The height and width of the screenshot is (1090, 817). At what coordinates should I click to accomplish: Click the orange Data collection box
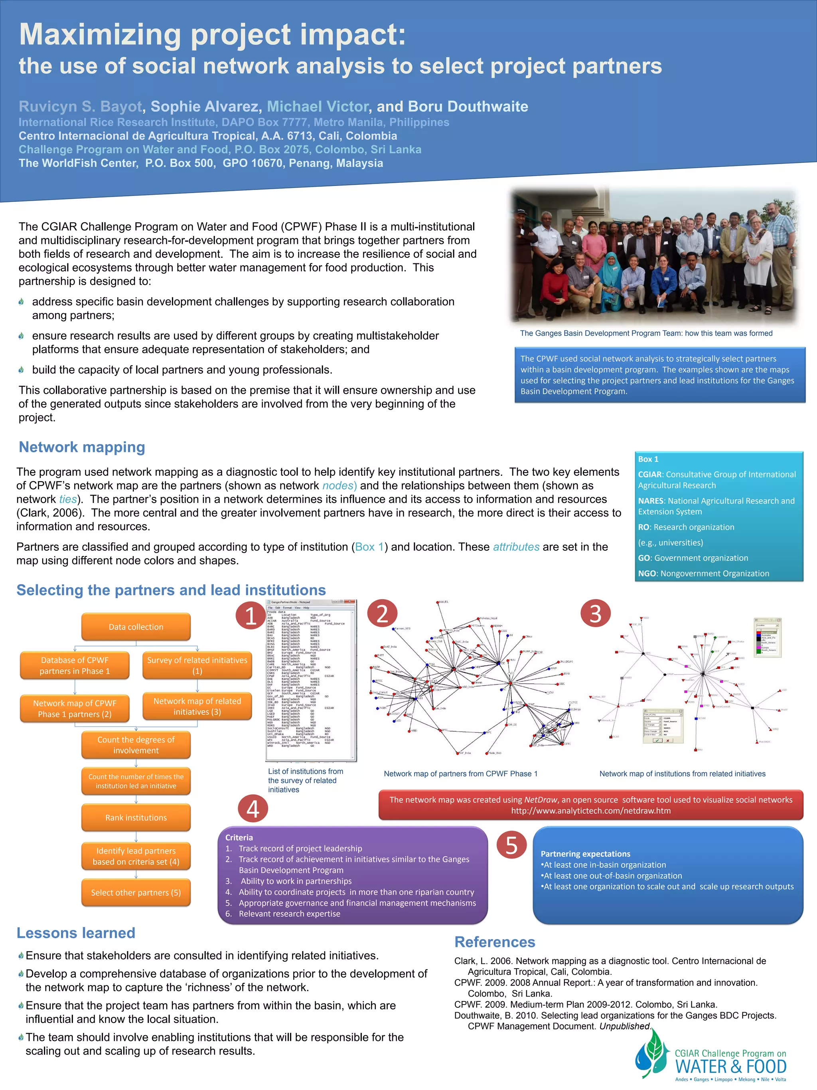coord(136,627)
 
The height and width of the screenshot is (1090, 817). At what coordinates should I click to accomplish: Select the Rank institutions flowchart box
coord(136,817)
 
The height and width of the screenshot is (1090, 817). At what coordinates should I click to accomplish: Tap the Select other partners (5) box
coord(136,892)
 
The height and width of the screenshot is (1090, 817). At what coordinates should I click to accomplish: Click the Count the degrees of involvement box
coord(136,745)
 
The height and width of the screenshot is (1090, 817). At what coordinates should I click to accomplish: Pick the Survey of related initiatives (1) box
coord(197,665)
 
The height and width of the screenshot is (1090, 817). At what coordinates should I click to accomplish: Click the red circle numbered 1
coord(251,615)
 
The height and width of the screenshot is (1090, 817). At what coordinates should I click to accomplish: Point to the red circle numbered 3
coord(595,613)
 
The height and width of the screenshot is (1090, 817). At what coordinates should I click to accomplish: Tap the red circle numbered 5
coord(512,845)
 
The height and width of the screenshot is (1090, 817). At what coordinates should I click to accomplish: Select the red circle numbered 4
coord(253,809)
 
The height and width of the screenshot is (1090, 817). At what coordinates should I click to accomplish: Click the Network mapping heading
coord(82,447)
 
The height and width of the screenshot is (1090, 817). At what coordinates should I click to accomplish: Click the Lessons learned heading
coord(76,933)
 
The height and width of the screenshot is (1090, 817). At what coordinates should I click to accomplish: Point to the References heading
coord(494,942)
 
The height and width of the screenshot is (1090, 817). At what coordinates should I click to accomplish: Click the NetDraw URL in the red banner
coord(590,811)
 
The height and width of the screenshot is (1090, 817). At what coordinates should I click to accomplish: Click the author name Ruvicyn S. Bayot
coord(80,107)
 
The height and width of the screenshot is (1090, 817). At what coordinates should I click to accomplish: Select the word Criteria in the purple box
coord(239,837)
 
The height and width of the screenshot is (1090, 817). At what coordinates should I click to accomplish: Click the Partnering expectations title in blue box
coord(585,853)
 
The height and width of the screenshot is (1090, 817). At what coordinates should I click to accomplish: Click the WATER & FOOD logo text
coord(730,1066)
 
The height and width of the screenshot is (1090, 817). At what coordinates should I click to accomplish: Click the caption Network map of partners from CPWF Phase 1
coord(460,773)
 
